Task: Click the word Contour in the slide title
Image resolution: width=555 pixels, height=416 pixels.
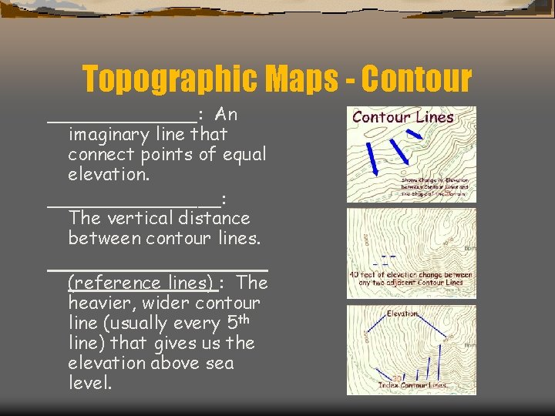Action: click(x=415, y=79)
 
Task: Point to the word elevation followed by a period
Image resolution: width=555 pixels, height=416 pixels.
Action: click(x=109, y=174)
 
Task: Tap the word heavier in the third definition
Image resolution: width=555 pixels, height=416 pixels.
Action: click(x=99, y=303)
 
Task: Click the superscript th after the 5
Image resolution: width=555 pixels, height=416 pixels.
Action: click(x=237, y=317)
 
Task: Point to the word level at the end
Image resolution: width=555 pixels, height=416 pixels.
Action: click(x=89, y=383)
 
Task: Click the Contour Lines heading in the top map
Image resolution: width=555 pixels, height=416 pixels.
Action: click(x=403, y=118)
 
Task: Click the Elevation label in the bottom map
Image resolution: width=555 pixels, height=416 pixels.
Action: click(x=403, y=314)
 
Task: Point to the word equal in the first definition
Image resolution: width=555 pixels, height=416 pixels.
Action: click(x=244, y=154)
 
